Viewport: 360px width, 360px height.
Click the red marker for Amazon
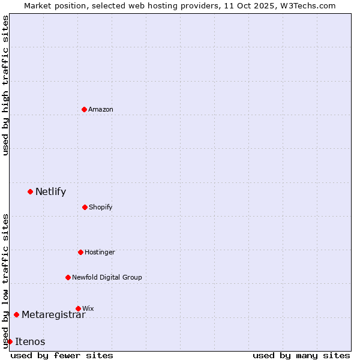click(x=84, y=109)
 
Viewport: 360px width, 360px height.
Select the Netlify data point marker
click(x=30, y=191)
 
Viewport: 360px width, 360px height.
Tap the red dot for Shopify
click(x=85, y=207)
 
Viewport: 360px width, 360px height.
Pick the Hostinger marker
click(x=80, y=252)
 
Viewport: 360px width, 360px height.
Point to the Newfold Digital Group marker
click(x=68, y=277)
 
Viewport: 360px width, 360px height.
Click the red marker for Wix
click(x=78, y=308)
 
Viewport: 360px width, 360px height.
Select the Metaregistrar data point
click(x=16, y=314)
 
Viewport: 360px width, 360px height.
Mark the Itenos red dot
click(x=10, y=341)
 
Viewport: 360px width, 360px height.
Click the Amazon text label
click(x=101, y=109)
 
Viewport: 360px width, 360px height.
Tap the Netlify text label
click(x=50, y=192)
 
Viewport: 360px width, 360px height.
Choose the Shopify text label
click(x=100, y=208)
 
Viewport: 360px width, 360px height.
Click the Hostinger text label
click(x=100, y=253)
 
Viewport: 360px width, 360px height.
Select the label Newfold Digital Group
click(x=107, y=277)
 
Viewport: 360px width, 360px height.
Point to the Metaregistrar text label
click(x=53, y=314)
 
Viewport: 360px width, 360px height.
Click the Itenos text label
click(x=30, y=342)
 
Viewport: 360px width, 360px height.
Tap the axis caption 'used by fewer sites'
click(x=62, y=355)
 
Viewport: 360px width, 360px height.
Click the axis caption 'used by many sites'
click(x=301, y=355)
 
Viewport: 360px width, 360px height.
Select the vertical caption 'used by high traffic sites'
click(x=5, y=85)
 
